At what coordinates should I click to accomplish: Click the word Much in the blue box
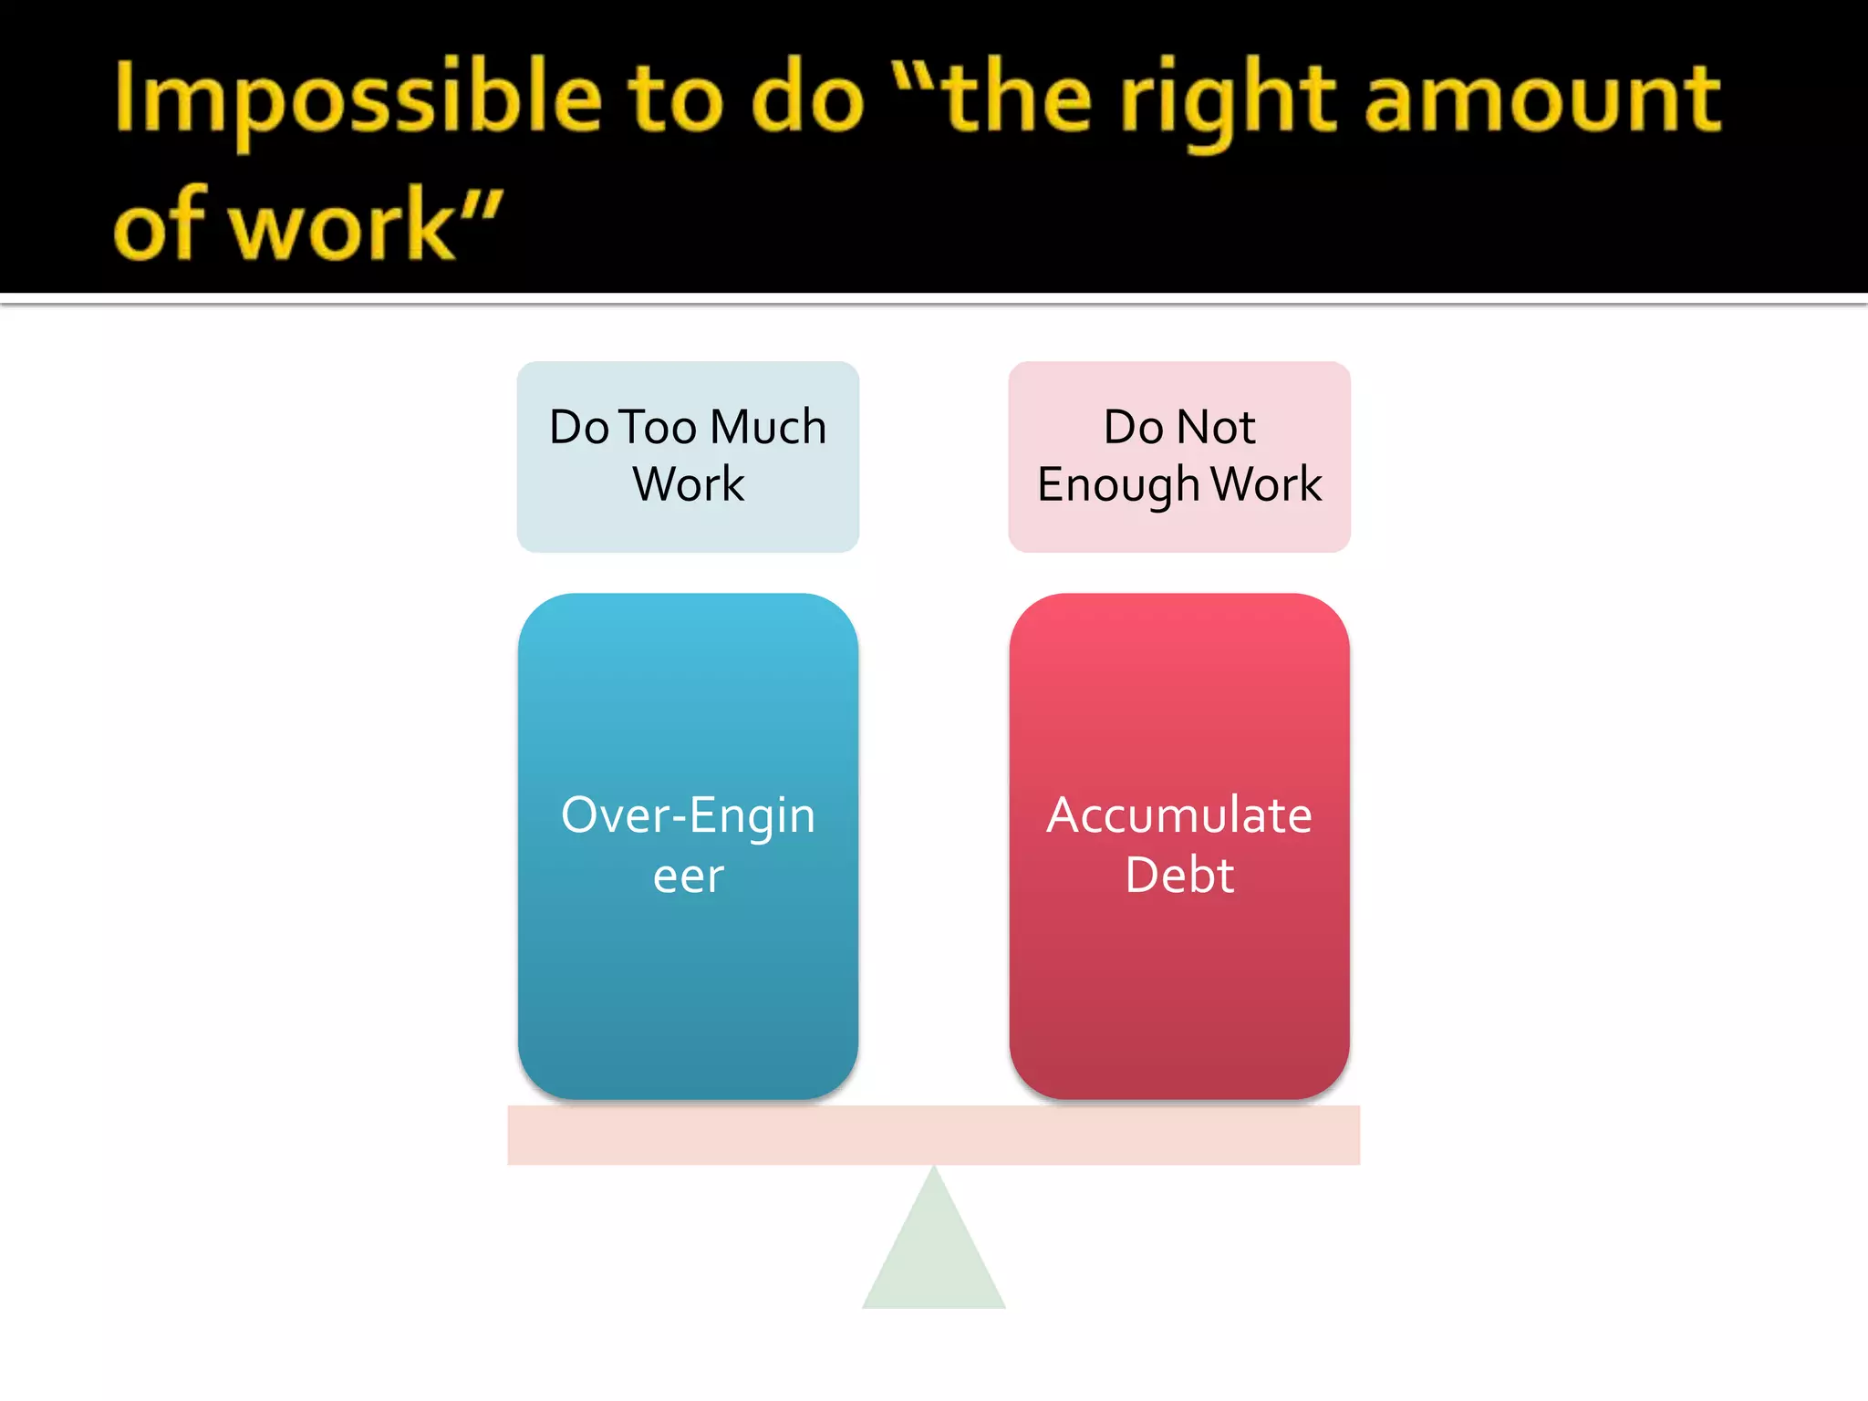[x=768, y=427]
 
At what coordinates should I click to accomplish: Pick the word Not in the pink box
[x=1216, y=427]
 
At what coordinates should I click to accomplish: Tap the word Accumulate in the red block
[x=1178, y=815]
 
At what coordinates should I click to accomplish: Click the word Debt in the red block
[x=1178, y=876]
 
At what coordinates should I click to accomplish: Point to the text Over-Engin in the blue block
[x=688, y=815]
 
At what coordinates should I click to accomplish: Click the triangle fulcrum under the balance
[x=934, y=1259]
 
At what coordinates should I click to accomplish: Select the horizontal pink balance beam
[x=934, y=1135]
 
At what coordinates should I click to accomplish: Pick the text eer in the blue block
[x=688, y=877]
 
